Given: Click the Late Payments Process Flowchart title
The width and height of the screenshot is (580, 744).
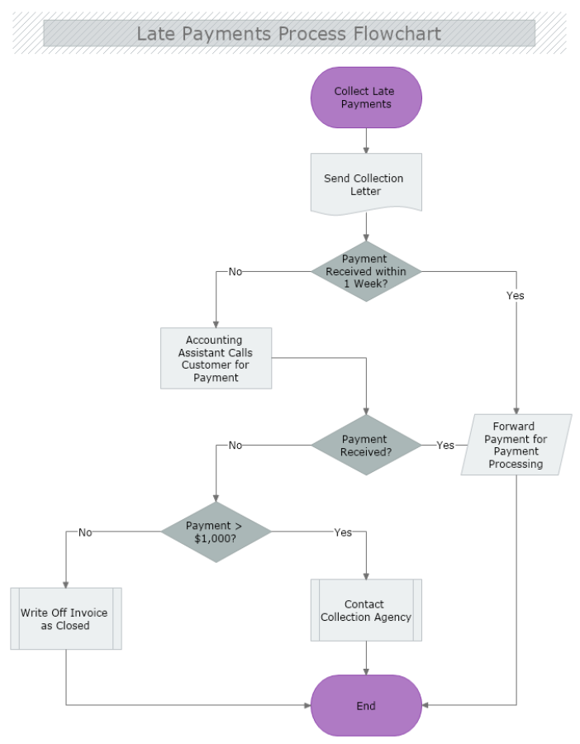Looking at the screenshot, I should coord(288,34).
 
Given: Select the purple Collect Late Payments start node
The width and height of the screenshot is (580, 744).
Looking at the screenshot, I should coord(366,98).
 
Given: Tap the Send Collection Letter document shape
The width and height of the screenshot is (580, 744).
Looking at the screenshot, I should coord(366,184).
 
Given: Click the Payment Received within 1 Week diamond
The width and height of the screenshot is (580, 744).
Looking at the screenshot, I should coord(366,271).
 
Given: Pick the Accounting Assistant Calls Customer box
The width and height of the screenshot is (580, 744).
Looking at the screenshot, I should coord(216,358).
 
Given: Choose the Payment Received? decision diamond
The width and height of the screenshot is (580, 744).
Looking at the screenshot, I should coord(366,445).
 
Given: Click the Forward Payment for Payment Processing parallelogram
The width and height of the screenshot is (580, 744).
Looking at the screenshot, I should coord(516,445).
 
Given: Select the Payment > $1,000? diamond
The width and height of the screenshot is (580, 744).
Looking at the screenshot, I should coord(216,532).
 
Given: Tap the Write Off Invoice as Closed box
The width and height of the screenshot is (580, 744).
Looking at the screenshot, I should coord(66,618).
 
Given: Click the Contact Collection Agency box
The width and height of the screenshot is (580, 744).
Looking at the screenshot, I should coord(366,610).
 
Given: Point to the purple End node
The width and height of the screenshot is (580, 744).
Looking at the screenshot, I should coord(366,705).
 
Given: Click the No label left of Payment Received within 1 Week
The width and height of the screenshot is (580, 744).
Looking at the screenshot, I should coord(235,271).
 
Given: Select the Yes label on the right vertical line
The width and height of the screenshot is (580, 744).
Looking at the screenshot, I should coord(516,295).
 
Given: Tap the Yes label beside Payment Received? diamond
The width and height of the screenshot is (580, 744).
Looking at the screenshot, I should coord(445,445).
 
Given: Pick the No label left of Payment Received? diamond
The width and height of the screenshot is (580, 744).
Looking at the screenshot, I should coord(235,445).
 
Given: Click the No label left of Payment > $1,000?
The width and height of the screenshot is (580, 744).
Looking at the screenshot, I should coord(85,532).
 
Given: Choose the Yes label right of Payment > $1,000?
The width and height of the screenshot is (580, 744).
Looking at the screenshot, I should coord(343,532).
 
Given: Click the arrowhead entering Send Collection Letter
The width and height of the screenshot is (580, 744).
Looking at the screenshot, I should coord(366,150).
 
